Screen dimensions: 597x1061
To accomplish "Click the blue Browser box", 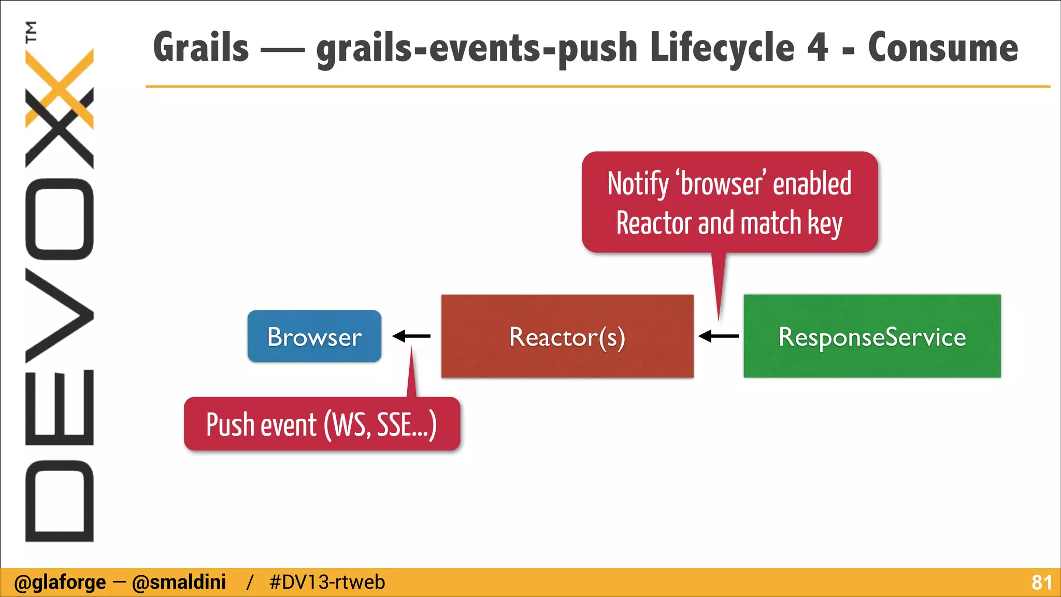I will [x=314, y=336].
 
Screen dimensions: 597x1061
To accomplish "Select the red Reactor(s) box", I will [x=567, y=336].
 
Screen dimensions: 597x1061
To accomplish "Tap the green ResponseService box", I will [x=872, y=336].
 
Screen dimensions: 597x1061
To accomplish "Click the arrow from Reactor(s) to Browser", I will [x=411, y=336].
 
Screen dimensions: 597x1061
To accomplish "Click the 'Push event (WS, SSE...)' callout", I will [x=321, y=424].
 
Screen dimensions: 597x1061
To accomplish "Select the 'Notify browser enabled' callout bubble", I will [x=729, y=202].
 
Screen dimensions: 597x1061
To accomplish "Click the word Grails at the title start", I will [x=201, y=48].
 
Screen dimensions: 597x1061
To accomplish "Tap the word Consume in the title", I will [x=943, y=48].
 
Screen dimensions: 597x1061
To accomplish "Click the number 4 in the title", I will [x=818, y=48].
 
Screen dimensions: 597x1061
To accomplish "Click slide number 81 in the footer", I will [x=1041, y=582].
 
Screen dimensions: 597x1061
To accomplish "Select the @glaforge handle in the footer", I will [x=60, y=582].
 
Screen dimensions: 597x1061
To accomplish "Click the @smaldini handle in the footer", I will [x=179, y=582].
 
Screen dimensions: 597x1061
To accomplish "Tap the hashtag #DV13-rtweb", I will [x=327, y=582].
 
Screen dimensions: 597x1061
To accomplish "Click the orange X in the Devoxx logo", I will [x=60, y=88].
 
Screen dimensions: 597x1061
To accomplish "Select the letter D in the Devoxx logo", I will [x=60, y=501].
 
